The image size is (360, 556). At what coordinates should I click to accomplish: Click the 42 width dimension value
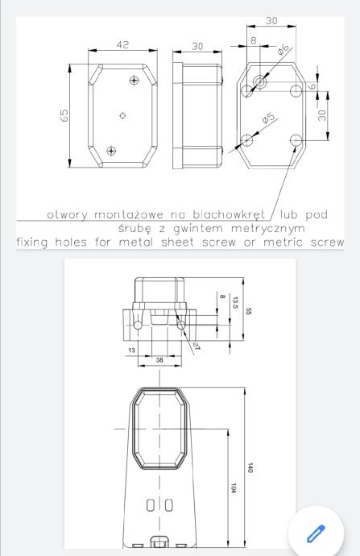coord(122,44)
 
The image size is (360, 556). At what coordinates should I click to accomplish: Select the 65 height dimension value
coord(64,115)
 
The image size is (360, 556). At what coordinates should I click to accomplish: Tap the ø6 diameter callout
coord(283,49)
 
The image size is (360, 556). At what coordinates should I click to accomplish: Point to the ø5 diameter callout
coord(268,118)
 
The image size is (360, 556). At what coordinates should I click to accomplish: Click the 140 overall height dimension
coord(250,467)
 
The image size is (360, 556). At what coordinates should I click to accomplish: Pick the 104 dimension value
coord(234,488)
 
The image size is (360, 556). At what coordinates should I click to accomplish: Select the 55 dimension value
coord(248,311)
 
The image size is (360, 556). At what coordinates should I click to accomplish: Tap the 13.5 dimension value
coord(235,302)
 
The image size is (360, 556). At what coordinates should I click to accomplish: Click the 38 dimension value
coord(159,360)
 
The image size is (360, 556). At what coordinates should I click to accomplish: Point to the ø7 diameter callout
coord(197,346)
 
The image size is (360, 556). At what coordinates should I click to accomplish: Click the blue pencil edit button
coord(316,533)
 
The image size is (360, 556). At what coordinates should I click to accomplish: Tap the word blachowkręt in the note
coord(229,214)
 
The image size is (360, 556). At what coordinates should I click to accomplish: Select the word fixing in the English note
coord(32,243)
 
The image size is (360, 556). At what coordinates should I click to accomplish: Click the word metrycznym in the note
coord(268,229)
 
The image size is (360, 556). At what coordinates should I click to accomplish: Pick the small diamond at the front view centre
coord(122,115)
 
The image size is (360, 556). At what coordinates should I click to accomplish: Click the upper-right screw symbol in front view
coord(134,80)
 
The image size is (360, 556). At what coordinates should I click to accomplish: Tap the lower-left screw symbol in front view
coord(111,151)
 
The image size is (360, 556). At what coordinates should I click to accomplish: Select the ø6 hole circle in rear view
coord(260,82)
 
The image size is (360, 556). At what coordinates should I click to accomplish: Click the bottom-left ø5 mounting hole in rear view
coord(246,140)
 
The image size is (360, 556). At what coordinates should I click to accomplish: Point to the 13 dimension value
coord(131,351)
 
